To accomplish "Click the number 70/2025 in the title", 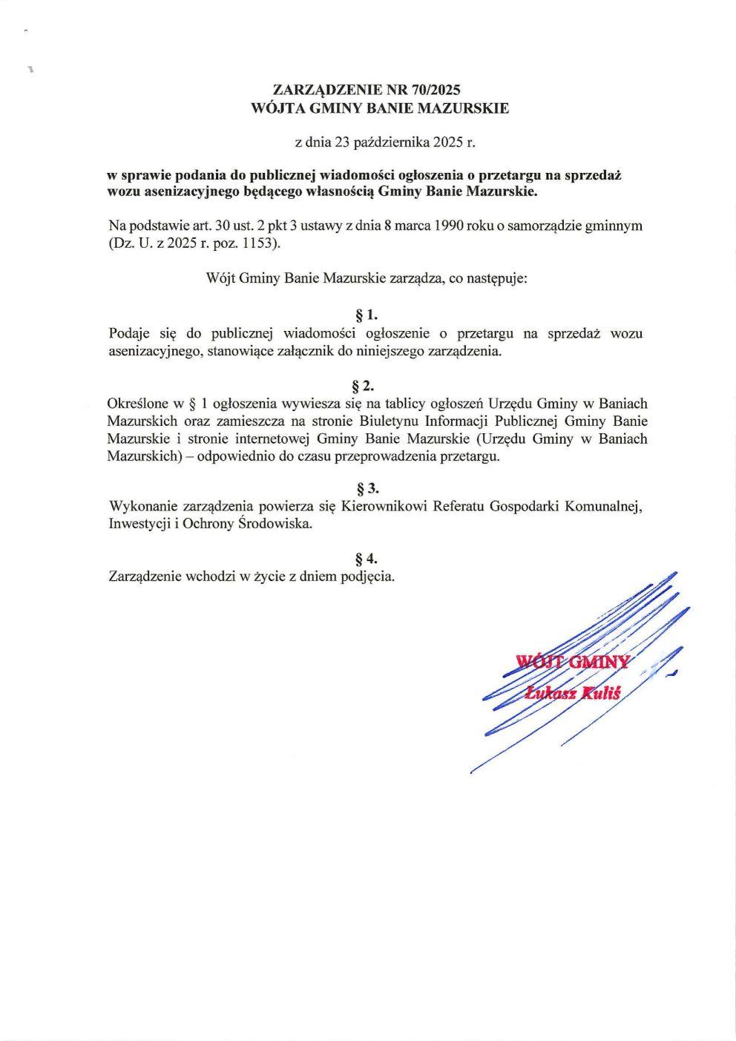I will point(436,90).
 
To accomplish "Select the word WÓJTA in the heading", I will point(277,108).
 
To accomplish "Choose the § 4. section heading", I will point(367,558).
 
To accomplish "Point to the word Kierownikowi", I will point(384,506).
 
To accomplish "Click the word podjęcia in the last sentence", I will point(367,576).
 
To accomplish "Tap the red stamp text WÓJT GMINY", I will point(572,662).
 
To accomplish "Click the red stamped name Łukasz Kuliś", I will point(572,693).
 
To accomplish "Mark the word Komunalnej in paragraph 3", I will point(604,506).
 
